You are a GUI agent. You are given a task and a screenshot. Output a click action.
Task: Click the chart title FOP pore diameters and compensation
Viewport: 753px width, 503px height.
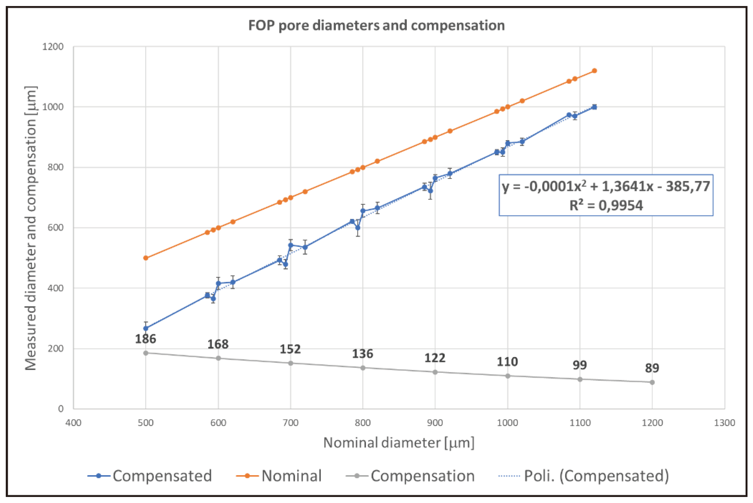pyautogui.click(x=376, y=25)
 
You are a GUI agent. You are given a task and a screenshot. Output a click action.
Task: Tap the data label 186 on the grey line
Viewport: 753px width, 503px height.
pyautogui.click(x=145, y=339)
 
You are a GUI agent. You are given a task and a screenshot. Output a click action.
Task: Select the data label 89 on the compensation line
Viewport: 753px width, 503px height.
pyautogui.click(x=652, y=368)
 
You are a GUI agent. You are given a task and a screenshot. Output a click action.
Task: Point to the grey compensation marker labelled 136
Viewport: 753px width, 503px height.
pyautogui.click(x=363, y=368)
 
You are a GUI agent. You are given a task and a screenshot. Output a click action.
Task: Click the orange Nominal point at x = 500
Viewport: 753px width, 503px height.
pyautogui.click(x=146, y=258)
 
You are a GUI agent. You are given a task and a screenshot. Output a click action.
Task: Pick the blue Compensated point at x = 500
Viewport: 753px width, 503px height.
pyautogui.click(x=146, y=328)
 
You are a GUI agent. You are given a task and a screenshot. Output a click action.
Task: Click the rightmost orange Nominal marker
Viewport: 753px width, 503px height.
pyautogui.click(x=594, y=71)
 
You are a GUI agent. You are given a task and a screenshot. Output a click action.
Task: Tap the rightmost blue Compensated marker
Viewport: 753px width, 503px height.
pyautogui.click(x=594, y=107)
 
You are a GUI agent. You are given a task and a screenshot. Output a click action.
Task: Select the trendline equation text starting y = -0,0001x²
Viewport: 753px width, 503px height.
pyautogui.click(x=606, y=186)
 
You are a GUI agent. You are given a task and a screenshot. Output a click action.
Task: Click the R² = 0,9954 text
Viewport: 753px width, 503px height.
pyautogui.click(x=606, y=205)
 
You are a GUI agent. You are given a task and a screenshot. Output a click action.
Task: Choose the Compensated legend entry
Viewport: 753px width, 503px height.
pyautogui.click(x=150, y=476)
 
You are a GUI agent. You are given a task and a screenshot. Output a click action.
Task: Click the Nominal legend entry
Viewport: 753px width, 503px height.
pyautogui.click(x=279, y=476)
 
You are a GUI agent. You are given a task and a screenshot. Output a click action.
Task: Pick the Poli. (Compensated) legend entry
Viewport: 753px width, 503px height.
pyautogui.click(x=584, y=476)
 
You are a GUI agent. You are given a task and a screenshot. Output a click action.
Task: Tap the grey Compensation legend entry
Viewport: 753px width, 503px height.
pyautogui.click(x=411, y=476)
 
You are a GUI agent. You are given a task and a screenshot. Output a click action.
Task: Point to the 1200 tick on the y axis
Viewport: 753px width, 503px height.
pyautogui.click(x=53, y=47)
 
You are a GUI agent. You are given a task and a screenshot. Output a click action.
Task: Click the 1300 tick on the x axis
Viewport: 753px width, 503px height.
pyautogui.click(x=724, y=422)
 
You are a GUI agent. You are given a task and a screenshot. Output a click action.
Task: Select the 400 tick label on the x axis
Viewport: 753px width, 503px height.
pyautogui.click(x=73, y=422)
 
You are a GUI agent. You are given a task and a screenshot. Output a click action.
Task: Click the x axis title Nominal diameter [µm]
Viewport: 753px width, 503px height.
pyautogui.click(x=399, y=443)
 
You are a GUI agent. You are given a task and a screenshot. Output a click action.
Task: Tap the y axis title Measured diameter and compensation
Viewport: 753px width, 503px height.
pyautogui.click(x=31, y=228)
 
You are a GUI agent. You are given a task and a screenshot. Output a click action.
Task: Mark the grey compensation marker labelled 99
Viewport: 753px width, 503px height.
pyautogui.click(x=580, y=379)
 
